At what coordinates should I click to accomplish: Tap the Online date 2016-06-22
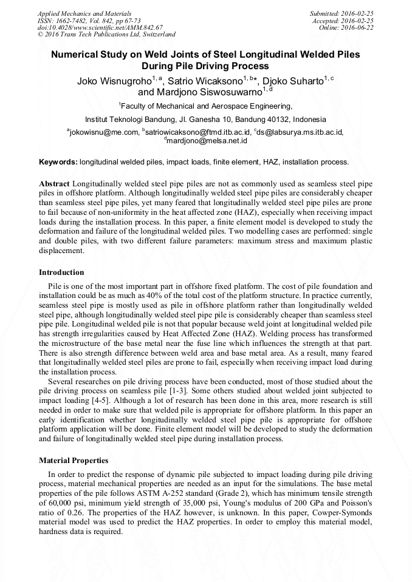coord(357,27)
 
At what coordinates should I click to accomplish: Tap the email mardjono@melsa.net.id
coord(207,140)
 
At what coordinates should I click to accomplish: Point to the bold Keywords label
coord(58,162)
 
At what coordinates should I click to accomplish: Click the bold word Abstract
coord(55,183)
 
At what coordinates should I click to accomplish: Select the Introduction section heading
coord(61,272)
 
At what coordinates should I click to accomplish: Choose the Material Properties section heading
coord(74,461)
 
